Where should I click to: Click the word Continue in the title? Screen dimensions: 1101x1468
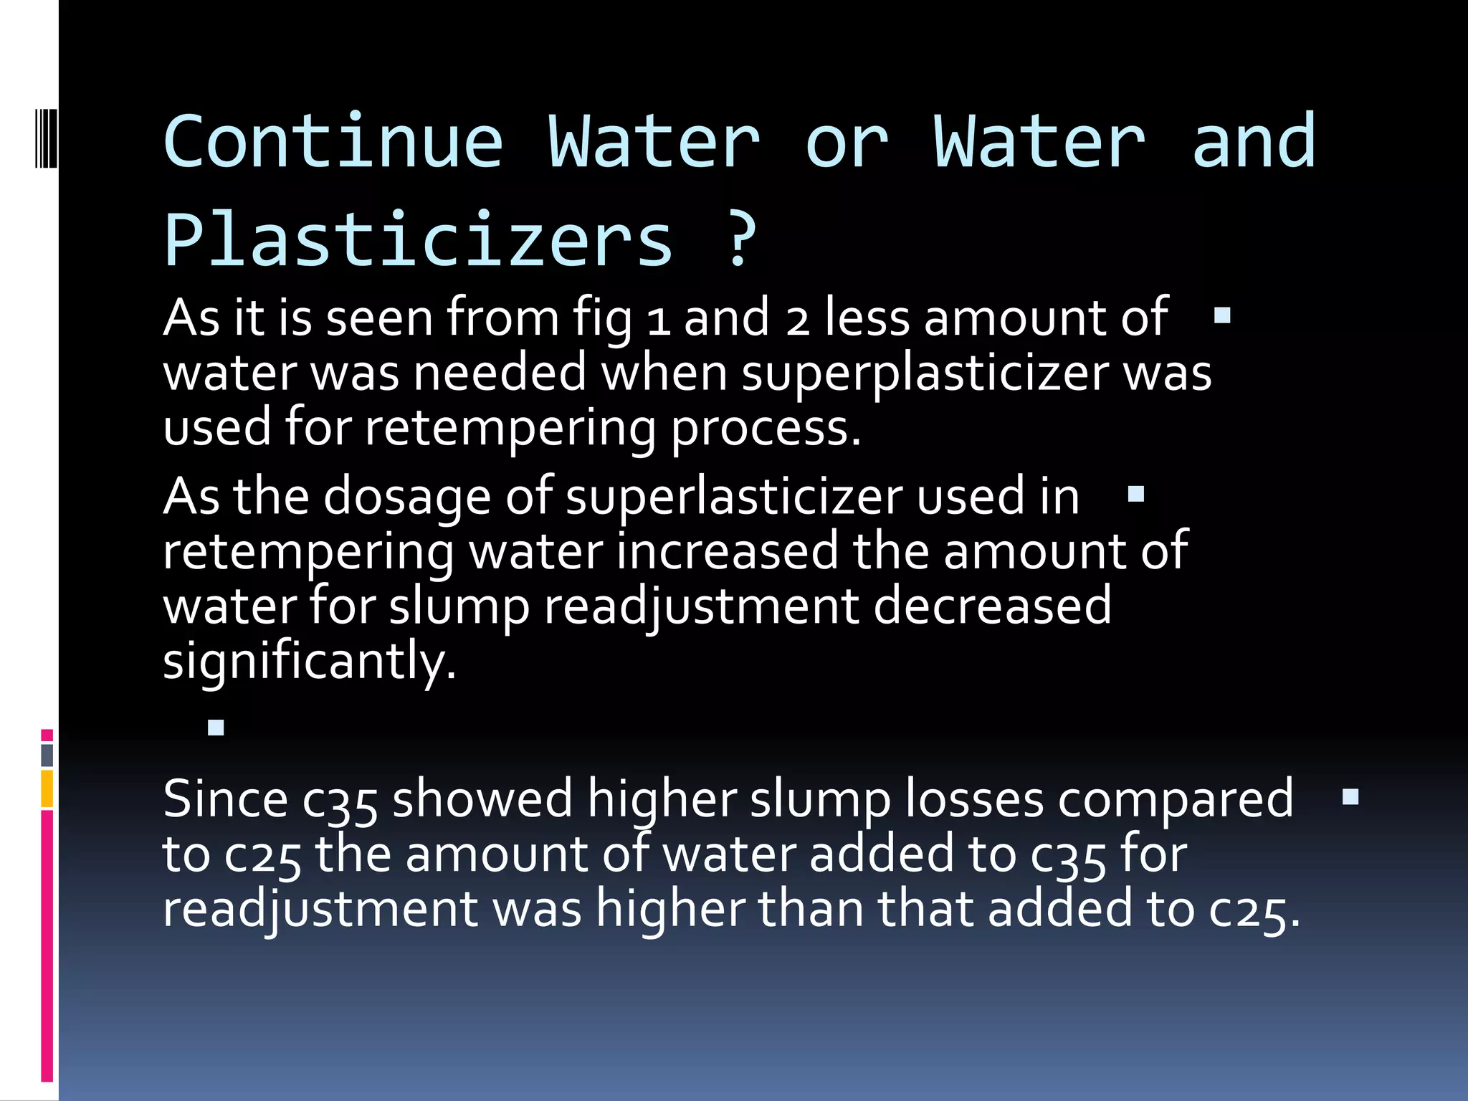point(333,143)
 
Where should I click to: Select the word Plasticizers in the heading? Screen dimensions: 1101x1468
point(419,240)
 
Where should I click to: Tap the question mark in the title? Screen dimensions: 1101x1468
point(740,240)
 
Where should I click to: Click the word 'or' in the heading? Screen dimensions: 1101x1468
point(847,143)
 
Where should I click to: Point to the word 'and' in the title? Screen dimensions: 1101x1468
point(1254,143)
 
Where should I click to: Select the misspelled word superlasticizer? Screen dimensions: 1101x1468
point(735,496)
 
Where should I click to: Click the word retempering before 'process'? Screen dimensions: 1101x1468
point(510,428)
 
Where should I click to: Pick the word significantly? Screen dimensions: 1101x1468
point(309,661)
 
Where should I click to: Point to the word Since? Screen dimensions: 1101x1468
point(225,799)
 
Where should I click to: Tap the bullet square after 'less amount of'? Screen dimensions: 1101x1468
point(1222,315)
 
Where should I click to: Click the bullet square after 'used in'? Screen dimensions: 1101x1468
point(1135,494)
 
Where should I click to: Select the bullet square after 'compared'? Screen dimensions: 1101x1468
point(1350,797)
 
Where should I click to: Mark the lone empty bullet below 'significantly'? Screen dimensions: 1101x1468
point(216,728)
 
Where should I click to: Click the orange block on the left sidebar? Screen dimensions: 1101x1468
point(47,788)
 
